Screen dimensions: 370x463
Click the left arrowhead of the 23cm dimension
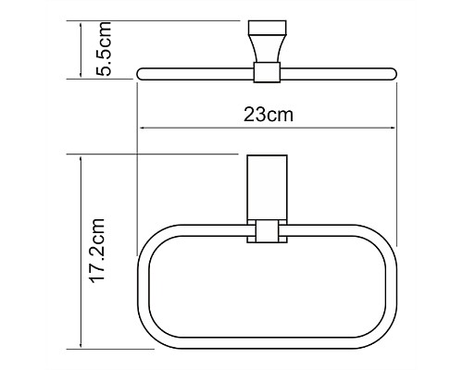click(142, 129)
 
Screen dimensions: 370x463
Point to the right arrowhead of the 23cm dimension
click(394, 129)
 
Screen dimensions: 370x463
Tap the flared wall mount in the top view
click(267, 41)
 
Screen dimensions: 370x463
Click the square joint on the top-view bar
click(266, 70)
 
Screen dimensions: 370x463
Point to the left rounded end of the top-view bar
click(142, 70)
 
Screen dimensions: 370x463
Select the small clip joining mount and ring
click(266, 233)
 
